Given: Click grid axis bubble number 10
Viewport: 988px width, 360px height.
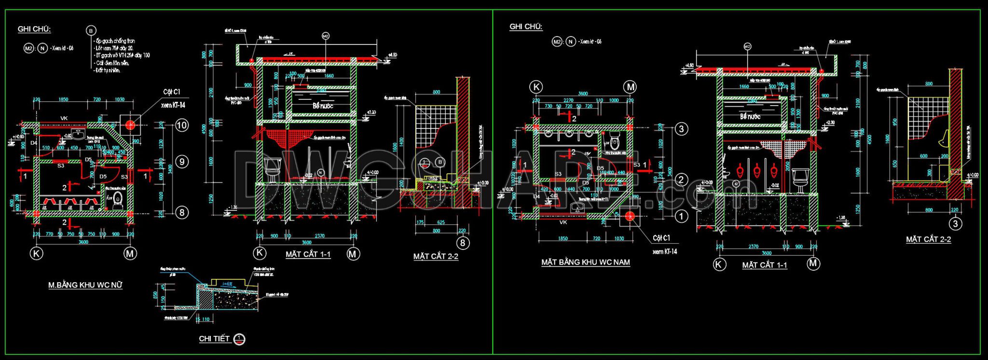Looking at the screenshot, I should click(181, 125).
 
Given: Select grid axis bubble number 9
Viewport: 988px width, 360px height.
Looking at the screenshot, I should click(181, 162).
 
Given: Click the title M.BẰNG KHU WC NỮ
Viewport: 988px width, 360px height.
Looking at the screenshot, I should click(85, 285).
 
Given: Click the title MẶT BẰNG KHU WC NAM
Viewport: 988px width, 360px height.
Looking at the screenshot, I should click(585, 262).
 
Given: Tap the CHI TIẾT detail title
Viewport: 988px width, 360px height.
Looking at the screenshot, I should click(214, 339).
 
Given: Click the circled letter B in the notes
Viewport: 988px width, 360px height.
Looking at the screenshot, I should click(91, 31).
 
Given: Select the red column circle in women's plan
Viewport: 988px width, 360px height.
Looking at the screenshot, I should click(130, 125).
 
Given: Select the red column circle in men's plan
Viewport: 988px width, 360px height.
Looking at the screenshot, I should click(629, 216).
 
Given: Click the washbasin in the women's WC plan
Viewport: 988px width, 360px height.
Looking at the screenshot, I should click(77, 132).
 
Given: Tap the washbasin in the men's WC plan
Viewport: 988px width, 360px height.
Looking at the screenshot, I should click(577, 208).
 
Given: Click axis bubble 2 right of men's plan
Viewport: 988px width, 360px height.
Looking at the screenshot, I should click(681, 180).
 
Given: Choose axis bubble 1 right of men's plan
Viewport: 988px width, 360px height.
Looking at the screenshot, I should click(681, 216).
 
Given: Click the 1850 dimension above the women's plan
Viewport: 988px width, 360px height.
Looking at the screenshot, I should click(63, 99).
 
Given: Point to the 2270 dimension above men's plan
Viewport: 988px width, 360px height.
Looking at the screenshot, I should click(568, 100).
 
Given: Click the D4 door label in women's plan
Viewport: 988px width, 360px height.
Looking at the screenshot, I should click(34, 143).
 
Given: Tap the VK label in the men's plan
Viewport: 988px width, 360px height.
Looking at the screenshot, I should click(563, 222).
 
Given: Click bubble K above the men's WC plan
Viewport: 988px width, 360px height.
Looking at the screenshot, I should click(536, 87).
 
